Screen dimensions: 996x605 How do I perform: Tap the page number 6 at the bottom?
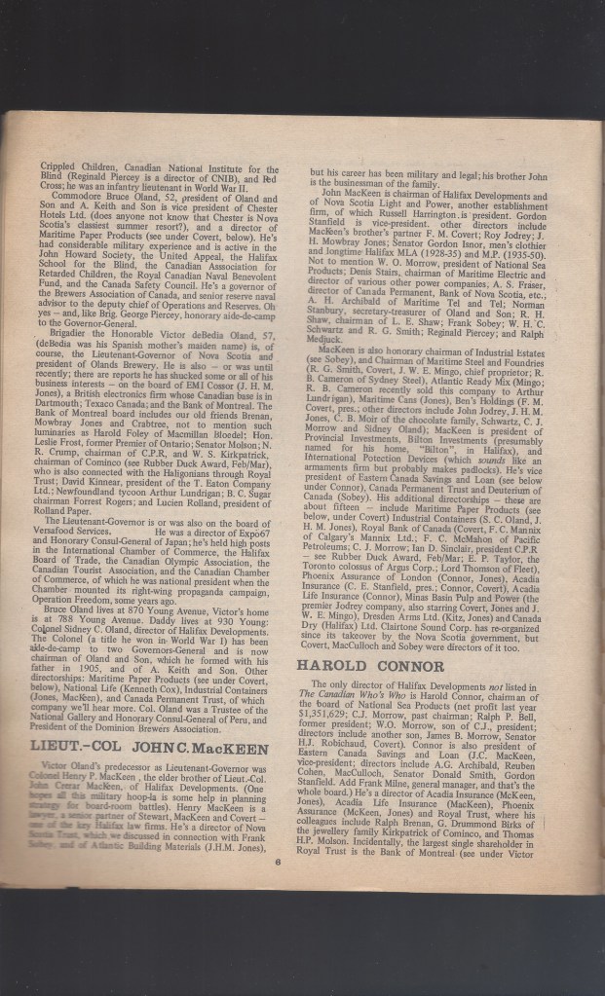[277, 887]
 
